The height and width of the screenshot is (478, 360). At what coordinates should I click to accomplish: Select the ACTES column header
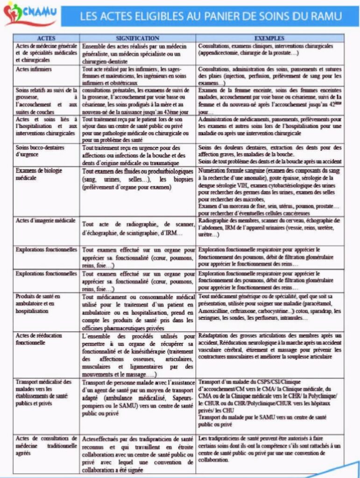(x=46, y=38)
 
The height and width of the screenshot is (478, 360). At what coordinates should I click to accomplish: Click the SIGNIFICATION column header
(x=138, y=38)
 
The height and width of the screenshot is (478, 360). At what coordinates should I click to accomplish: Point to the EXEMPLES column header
(x=270, y=38)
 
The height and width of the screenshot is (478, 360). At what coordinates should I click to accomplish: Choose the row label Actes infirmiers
(x=34, y=69)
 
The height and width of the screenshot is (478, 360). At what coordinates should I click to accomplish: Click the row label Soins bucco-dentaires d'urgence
(x=39, y=150)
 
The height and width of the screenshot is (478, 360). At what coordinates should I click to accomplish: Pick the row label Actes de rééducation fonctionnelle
(x=38, y=339)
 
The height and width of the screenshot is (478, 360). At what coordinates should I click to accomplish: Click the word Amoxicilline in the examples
(x=215, y=311)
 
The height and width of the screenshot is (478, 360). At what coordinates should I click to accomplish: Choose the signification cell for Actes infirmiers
(x=138, y=76)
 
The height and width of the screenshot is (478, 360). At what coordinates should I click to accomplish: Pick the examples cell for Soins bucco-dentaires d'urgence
(x=270, y=154)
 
